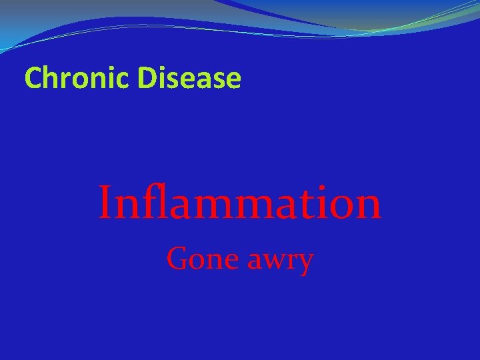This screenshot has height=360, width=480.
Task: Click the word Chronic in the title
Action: [x=78, y=79]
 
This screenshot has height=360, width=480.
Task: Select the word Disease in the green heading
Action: [x=190, y=79]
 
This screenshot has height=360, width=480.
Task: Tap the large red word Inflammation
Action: [x=239, y=203]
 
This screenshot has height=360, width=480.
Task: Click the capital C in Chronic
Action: [x=32, y=79]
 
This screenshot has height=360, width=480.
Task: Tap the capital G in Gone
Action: [x=177, y=258]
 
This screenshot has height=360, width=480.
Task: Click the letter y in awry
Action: [x=304, y=263]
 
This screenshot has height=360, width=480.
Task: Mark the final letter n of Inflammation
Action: [x=365, y=207]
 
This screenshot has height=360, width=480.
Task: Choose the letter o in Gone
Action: [x=193, y=260]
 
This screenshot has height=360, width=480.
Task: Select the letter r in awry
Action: [x=290, y=260]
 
